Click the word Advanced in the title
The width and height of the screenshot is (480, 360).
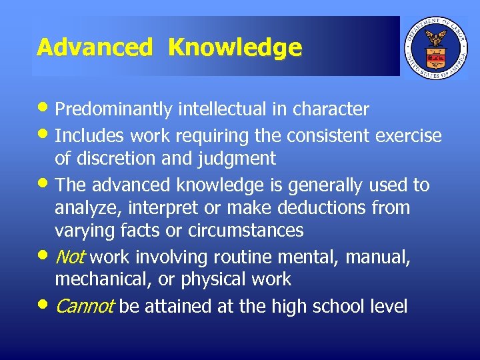(94, 47)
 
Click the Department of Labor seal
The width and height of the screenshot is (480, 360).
(437, 47)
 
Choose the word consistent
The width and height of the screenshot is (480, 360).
(330, 136)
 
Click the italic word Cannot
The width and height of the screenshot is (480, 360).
(85, 307)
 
